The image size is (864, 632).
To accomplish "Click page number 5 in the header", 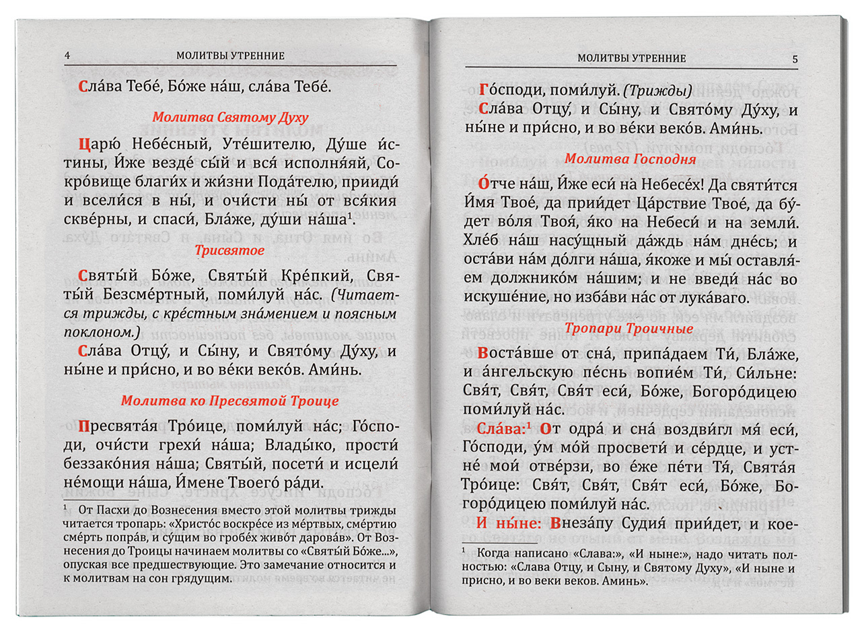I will tap(795, 59).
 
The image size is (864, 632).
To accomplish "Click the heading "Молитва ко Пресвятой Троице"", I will tap(229, 401).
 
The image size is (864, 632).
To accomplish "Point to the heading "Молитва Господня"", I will tap(630, 159).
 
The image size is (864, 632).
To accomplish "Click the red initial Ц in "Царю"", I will tap(83, 144).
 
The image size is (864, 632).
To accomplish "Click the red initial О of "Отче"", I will tap(482, 184).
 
